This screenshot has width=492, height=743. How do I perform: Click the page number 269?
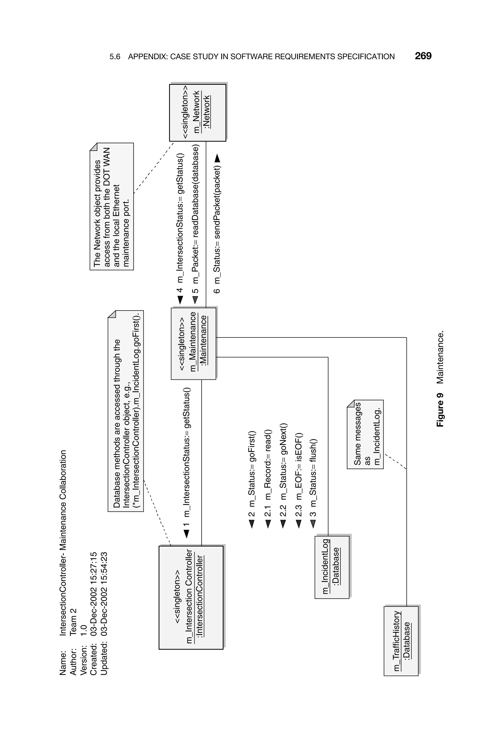coord(423,56)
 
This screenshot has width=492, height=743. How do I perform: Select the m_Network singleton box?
coord(197,112)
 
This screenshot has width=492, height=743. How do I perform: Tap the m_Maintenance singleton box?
coord(193,344)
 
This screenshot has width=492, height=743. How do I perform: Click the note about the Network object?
coord(112,206)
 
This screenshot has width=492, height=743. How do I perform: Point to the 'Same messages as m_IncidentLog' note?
coord(365,434)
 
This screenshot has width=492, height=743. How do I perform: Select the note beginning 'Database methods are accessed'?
coord(125,411)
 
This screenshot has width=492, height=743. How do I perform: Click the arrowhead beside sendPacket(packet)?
coord(217,159)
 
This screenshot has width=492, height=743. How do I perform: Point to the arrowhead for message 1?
coord(186,534)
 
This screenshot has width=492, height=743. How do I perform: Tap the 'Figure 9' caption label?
coord(440,409)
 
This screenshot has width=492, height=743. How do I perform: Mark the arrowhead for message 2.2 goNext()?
coord(283,524)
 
